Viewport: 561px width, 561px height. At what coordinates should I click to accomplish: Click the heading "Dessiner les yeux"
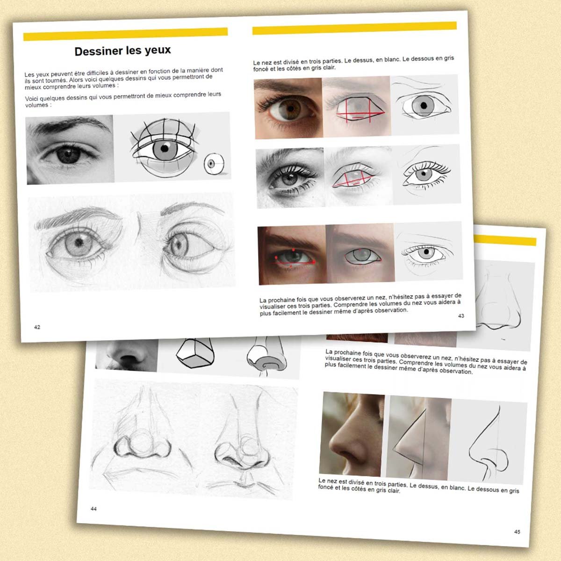pyautogui.click(x=122, y=51)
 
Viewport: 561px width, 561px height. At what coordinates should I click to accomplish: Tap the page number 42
pyautogui.click(x=37, y=327)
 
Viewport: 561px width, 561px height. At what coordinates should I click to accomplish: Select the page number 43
pyautogui.click(x=461, y=316)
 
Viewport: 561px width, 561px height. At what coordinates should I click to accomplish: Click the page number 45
pyautogui.click(x=517, y=532)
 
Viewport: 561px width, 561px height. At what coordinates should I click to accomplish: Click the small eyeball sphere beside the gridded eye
pyautogui.click(x=214, y=164)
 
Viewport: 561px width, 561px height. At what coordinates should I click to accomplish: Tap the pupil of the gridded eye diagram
pyautogui.click(x=165, y=149)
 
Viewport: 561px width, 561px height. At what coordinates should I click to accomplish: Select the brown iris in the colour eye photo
pyautogui.click(x=288, y=109)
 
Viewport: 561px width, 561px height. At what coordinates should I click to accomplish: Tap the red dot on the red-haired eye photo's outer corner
pyautogui.click(x=314, y=262)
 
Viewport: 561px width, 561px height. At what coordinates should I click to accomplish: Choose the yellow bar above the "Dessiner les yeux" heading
pyautogui.click(x=125, y=34)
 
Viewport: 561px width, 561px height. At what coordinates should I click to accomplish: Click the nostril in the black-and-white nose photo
pyautogui.click(x=127, y=357)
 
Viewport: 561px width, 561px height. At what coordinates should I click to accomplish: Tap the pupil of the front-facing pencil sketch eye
pyautogui.click(x=79, y=242)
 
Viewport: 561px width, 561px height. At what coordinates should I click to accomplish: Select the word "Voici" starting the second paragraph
pyautogui.click(x=31, y=98)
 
